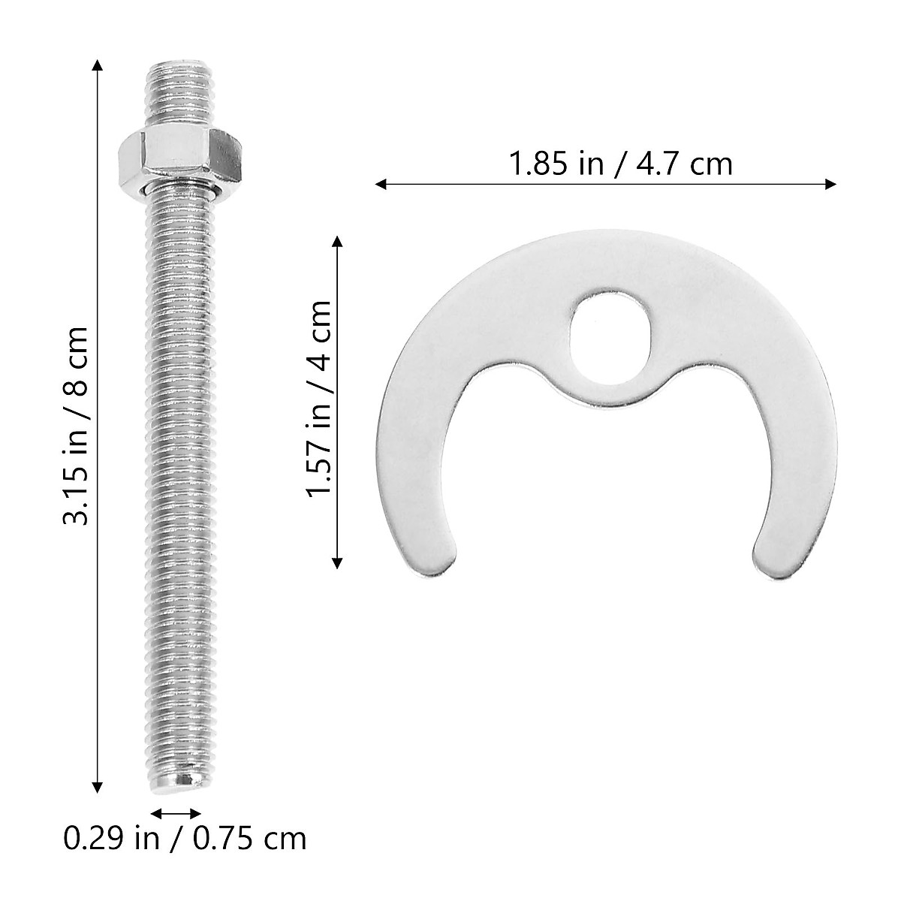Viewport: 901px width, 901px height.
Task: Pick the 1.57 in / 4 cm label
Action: pyautogui.click(x=318, y=398)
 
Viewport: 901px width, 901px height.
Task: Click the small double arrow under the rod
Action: pyautogui.click(x=176, y=813)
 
